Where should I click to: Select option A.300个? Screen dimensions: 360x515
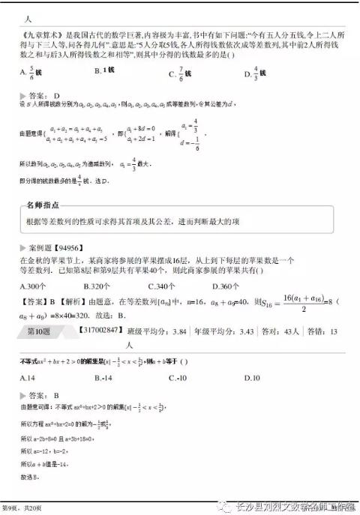click(33, 286)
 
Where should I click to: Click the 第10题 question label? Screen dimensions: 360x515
click(37, 330)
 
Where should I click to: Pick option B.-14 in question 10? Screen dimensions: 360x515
click(103, 377)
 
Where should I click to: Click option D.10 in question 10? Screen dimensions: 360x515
click(251, 377)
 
